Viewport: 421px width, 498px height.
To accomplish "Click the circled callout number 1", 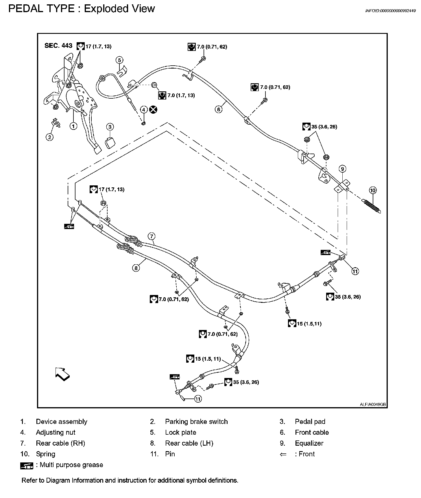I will click(x=73, y=126).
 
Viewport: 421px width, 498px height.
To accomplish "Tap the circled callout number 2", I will click(x=50, y=137).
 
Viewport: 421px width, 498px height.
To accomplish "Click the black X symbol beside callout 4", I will click(x=154, y=109).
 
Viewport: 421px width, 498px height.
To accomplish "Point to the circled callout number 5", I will click(x=119, y=60).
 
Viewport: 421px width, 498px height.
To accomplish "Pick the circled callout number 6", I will click(x=219, y=109).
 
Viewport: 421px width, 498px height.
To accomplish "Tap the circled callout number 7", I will click(x=152, y=236).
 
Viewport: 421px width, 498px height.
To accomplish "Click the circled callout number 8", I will click(x=136, y=268).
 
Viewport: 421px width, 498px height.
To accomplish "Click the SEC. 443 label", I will click(x=58, y=46).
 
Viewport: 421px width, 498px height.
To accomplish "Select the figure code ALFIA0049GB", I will click(x=373, y=405).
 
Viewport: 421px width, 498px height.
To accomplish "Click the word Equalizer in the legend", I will click(x=309, y=443).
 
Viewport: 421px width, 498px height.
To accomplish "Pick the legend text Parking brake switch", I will click(x=196, y=422).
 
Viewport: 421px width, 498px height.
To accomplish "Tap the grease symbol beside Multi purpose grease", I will click(x=27, y=466).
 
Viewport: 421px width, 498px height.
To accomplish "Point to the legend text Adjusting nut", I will click(x=56, y=433).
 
